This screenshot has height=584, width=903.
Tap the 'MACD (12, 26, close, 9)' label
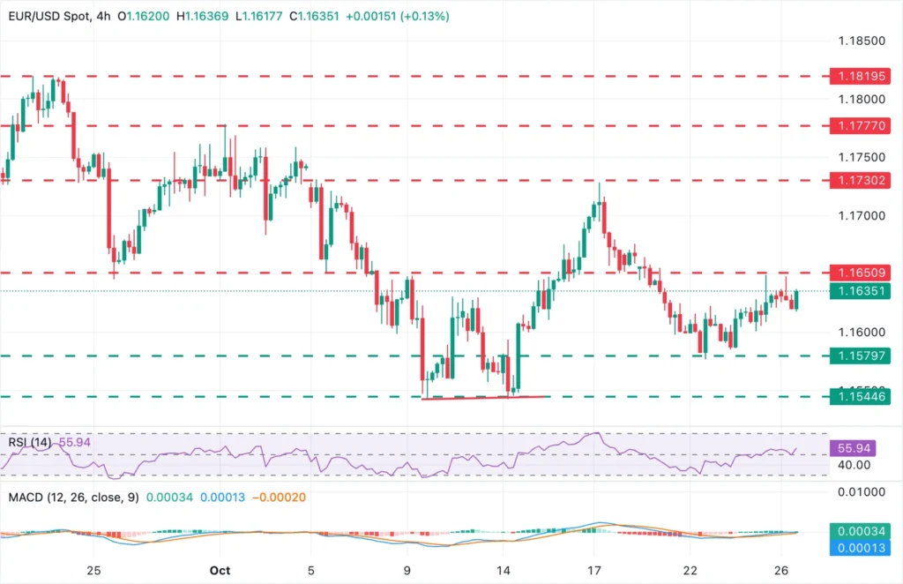click(x=70, y=497)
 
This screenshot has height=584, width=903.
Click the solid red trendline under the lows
click(x=485, y=398)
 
